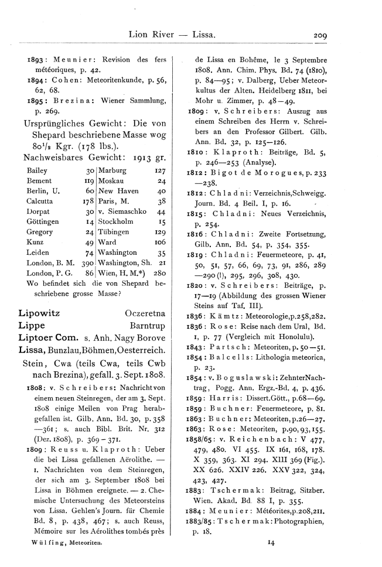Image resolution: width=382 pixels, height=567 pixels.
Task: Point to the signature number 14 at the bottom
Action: [x=271, y=543]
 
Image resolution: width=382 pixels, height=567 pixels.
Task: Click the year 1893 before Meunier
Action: [x=30, y=60]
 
